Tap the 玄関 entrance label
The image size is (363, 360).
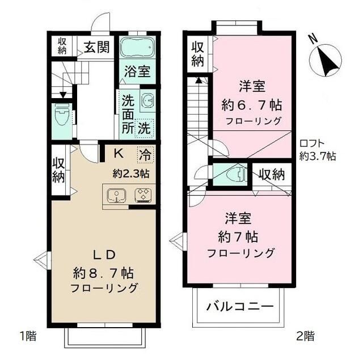tap(98, 46)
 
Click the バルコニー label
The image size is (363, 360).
tap(239, 307)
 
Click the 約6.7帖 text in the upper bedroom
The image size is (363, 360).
tap(252, 105)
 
